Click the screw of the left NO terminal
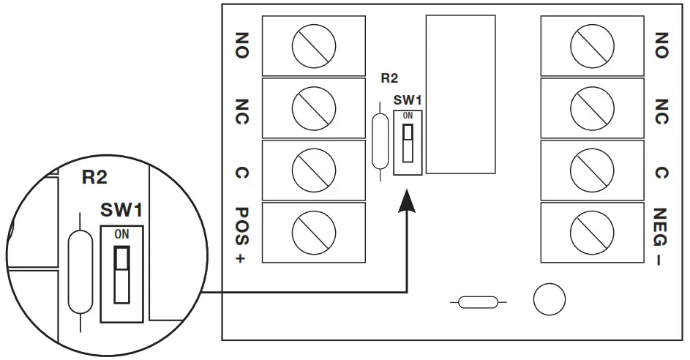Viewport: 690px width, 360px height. pos(313,48)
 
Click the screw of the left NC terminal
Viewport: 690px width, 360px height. pos(313,108)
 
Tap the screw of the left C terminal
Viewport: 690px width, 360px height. pos(313,170)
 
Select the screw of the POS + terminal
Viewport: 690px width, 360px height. pos(313,232)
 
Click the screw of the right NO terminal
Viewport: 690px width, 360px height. pos(591,48)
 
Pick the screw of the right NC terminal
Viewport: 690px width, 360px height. pos(591,108)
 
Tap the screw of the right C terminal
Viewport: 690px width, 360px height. pos(591,170)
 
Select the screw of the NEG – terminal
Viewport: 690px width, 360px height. pos(591,232)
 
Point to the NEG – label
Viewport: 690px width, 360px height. pos(661,236)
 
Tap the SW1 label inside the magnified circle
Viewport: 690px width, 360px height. pos(121,211)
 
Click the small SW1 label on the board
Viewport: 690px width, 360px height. pos(408,100)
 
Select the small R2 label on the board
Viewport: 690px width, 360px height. pos(390,77)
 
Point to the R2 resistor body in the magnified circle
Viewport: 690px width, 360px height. pos(79,272)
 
